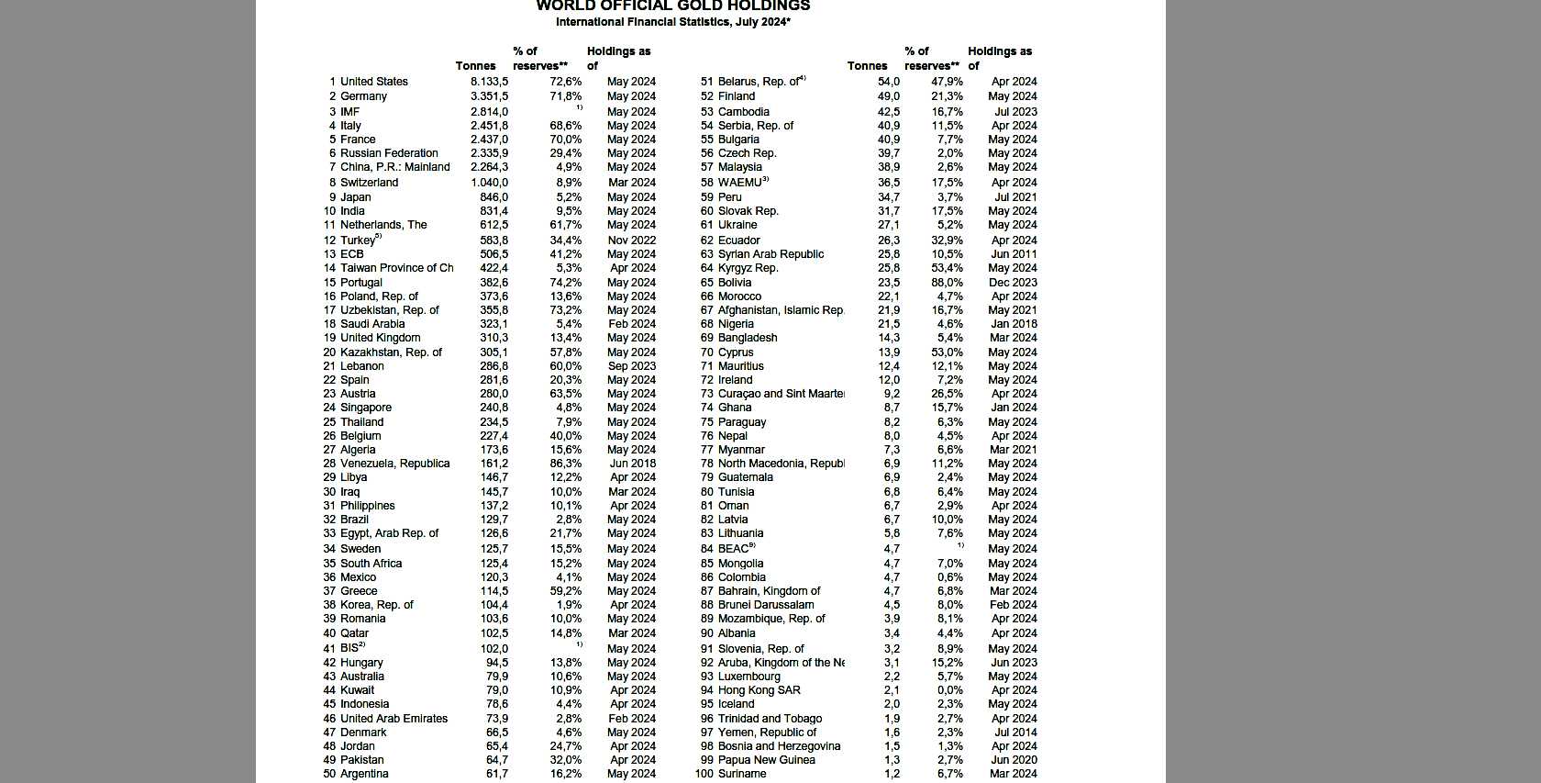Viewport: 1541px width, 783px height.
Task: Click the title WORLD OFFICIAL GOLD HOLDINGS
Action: click(x=672, y=6)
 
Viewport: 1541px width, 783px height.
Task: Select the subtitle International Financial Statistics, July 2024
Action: click(x=672, y=22)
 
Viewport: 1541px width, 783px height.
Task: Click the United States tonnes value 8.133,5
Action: click(x=489, y=82)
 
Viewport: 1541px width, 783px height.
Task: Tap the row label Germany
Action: click(x=363, y=96)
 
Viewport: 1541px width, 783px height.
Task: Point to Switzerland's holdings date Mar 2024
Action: click(x=631, y=183)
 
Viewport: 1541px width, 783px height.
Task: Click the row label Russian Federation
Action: click(x=389, y=153)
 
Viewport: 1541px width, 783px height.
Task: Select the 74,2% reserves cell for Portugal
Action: click(x=565, y=283)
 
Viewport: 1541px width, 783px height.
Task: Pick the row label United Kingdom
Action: click(x=380, y=338)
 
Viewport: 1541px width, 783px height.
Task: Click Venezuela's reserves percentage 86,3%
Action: click(x=565, y=464)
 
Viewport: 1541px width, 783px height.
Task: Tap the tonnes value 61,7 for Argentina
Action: click(x=496, y=774)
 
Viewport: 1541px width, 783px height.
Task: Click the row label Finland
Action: click(x=737, y=96)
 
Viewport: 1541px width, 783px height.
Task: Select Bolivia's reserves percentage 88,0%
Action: click(x=947, y=283)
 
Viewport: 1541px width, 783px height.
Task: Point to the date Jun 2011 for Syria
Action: click(x=1014, y=254)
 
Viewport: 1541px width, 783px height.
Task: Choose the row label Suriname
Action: click(x=742, y=774)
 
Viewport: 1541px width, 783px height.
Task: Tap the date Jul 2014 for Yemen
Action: click(x=1014, y=733)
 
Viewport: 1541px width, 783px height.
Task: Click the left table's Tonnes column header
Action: click(x=475, y=66)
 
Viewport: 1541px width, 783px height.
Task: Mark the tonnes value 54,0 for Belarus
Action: click(x=888, y=82)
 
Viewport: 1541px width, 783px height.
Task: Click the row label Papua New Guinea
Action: click(x=766, y=760)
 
